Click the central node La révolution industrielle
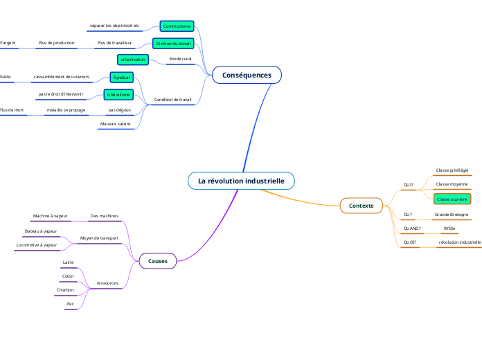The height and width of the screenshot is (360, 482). [241, 181]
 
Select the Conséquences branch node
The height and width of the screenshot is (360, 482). [247, 75]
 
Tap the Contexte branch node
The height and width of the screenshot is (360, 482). [361, 206]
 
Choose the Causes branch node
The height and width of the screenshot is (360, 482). [158, 260]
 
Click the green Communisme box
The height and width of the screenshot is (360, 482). [177, 26]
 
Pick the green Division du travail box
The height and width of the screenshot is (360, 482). [173, 43]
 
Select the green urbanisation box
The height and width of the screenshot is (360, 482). [133, 60]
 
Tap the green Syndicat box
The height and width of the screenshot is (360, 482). [121, 77]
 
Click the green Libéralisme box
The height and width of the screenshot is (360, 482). [118, 94]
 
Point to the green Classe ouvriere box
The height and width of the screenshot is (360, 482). [452, 199]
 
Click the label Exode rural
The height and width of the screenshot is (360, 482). [180, 60]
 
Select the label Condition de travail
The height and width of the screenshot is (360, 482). [172, 100]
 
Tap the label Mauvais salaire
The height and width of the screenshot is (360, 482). [115, 123]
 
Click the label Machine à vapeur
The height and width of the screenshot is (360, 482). [50, 216]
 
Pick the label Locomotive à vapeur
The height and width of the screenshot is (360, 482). [37, 244]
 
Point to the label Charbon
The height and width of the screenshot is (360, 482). [65, 289]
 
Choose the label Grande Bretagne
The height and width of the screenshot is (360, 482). [451, 215]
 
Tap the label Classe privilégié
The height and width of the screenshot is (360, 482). [452, 170]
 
